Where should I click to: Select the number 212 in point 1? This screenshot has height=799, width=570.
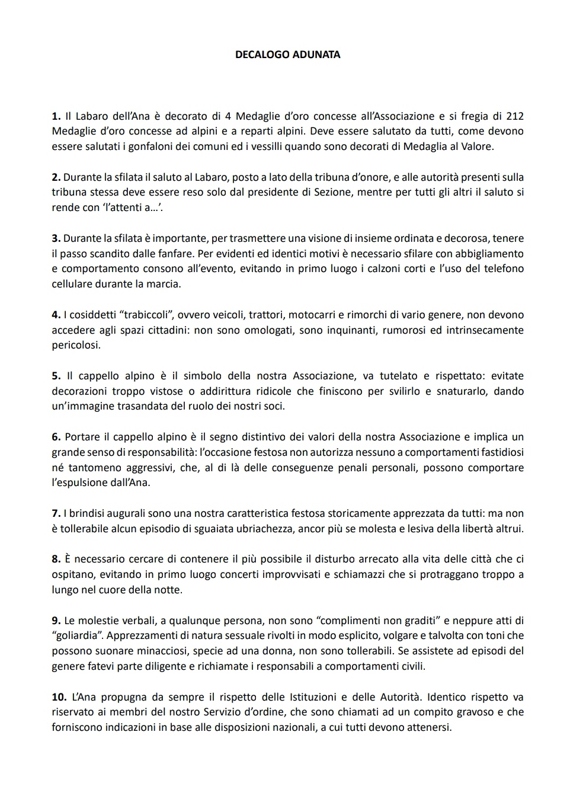pos(514,116)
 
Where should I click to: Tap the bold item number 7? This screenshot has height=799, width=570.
pos(56,513)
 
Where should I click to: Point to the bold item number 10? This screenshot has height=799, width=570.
pos(59,697)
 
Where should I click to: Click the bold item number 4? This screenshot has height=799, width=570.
pos(56,315)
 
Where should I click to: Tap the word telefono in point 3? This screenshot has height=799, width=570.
pos(504,269)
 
